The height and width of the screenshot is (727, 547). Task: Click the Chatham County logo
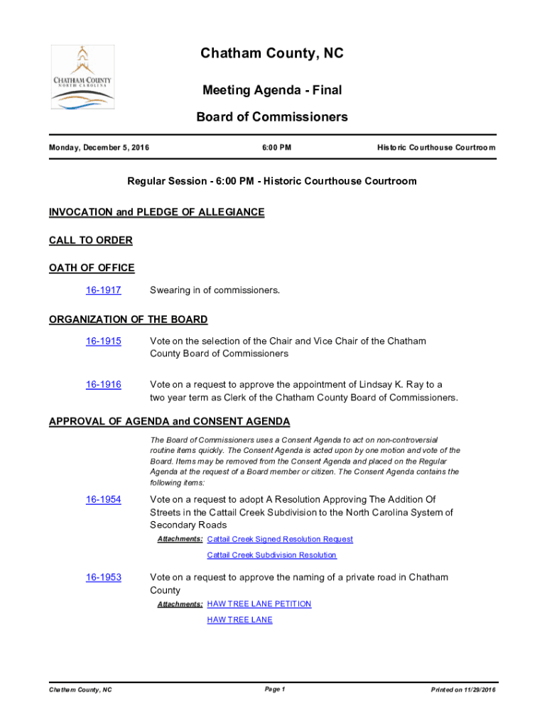coord(82,77)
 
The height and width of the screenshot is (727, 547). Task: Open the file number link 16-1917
coord(104,290)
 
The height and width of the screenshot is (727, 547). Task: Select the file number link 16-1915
coord(104,341)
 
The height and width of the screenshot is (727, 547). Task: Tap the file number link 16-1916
coord(104,385)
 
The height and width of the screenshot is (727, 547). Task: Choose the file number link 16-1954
coord(104,500)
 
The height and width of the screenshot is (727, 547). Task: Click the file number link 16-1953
coord(104,578)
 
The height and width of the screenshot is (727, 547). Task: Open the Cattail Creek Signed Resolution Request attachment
coord(280,540)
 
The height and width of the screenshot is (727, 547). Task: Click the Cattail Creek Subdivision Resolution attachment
coord(271,555)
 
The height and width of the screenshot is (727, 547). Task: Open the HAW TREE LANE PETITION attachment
coord(259,604)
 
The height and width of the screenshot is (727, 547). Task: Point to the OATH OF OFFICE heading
coord(92,268)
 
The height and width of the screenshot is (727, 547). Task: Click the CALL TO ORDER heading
coord(91,241)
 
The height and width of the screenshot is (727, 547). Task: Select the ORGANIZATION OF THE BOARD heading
coord(129,319)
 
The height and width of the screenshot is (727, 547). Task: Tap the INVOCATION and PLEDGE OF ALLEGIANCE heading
coord(157,212)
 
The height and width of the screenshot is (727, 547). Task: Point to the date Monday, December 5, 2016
coord(99,148)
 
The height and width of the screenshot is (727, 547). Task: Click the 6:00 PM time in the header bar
coord(272,148)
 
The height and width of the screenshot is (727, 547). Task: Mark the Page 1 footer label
coord(274,689)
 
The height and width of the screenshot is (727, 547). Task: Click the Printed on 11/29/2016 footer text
coord(463,690)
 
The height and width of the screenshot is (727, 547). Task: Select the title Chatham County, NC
coord(272,54)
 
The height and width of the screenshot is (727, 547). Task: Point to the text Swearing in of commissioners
coord(215,290)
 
